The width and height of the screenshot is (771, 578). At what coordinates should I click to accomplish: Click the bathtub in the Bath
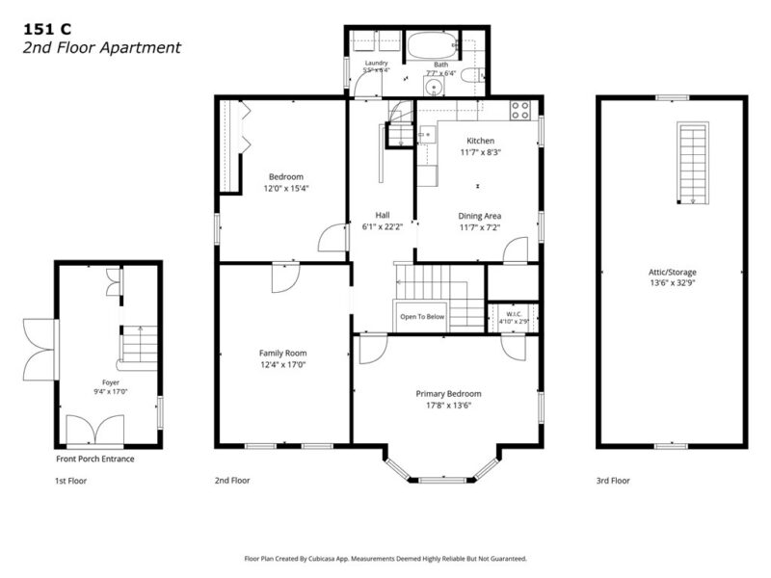(x=432, y=45)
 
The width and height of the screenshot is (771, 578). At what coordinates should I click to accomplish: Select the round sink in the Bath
(x=435, y=88)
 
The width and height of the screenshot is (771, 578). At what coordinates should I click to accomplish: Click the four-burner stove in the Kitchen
(x=519, y=110)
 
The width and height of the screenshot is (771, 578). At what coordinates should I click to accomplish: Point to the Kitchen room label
(x=480, y=141)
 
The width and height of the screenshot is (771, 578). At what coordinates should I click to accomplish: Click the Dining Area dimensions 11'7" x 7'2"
(x=480, y=227)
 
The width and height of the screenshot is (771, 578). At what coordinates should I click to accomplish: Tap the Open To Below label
(x=422, y=317)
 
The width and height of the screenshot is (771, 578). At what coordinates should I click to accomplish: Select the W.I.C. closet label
(x=514, y=314)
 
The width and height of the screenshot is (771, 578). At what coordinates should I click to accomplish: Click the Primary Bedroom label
(x=448, y=394)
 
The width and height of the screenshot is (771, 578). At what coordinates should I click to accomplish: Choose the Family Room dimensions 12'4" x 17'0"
(x=282, y=365)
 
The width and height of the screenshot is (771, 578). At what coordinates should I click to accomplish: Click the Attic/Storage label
(x=672, y=272)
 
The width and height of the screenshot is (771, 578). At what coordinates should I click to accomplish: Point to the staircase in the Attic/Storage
(x=693, y=163)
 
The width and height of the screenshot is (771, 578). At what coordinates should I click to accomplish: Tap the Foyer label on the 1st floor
(x=111, y=382)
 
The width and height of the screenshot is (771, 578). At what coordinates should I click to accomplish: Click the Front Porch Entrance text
(x=94, y=460)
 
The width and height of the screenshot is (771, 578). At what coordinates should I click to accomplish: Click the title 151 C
(x=47, y=30)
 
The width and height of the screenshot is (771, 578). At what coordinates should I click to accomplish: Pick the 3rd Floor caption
(x=613, y=481)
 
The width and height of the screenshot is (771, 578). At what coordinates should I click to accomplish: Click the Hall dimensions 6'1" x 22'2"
(x=383, y=227)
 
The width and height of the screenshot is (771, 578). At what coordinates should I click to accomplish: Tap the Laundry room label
(x=376, y=63)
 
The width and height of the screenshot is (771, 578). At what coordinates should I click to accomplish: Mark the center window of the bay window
(x=442, y=479)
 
